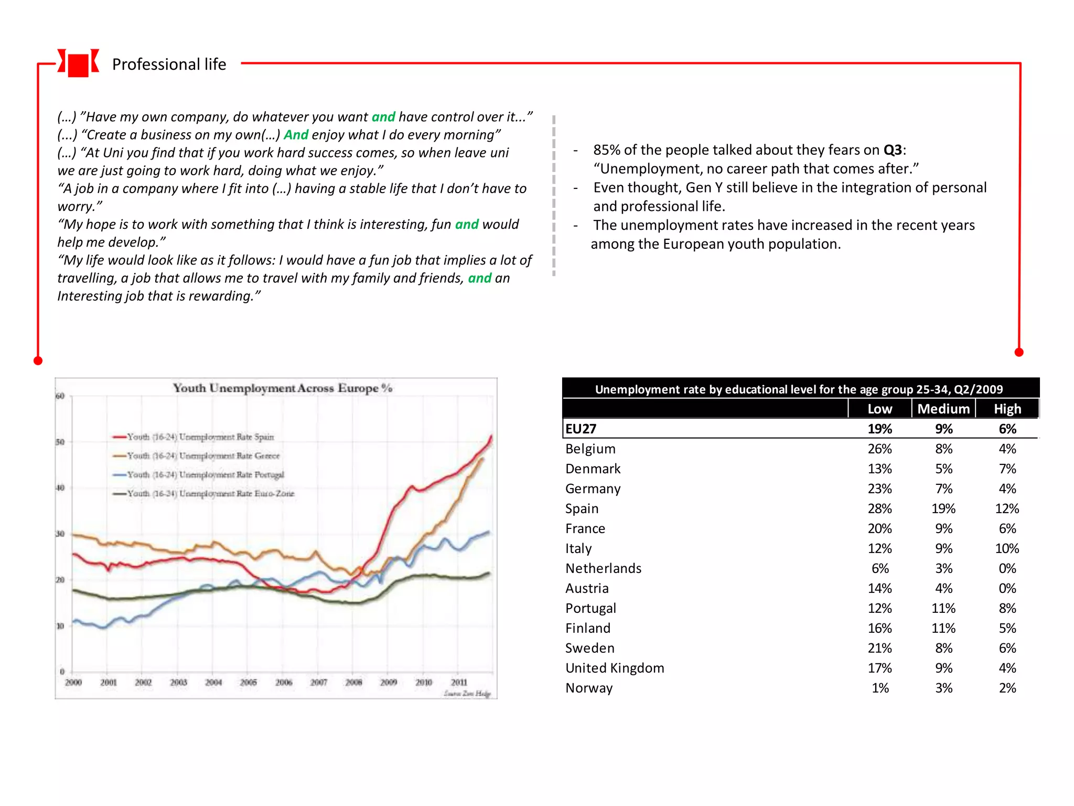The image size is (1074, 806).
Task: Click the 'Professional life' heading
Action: coord(169,64)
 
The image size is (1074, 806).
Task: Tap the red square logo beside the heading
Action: coord(78,65)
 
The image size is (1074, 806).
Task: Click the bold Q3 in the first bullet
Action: coord(893,150)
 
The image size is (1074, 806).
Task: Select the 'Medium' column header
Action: coord(943,409)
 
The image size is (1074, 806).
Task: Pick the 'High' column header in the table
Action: coord(1007,409)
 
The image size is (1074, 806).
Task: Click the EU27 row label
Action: coord(581,429)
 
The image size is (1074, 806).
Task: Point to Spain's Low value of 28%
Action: coord(879,508)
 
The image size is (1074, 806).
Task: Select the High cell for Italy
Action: coord(1007,548)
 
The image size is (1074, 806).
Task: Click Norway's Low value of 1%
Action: coord(880,688)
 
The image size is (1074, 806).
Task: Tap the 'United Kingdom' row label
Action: coord(615,668)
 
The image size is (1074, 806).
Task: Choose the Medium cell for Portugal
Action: coord(943,608)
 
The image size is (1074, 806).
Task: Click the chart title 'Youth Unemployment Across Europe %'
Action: coord(283,388)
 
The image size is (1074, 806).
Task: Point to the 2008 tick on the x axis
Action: coord(353,682)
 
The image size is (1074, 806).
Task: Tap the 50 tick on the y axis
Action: coord(60,442)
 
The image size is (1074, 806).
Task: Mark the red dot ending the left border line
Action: coord(38,360)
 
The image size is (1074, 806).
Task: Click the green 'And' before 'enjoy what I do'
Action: coord(296,135)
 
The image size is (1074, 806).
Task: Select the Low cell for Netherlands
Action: coord(880,568)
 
